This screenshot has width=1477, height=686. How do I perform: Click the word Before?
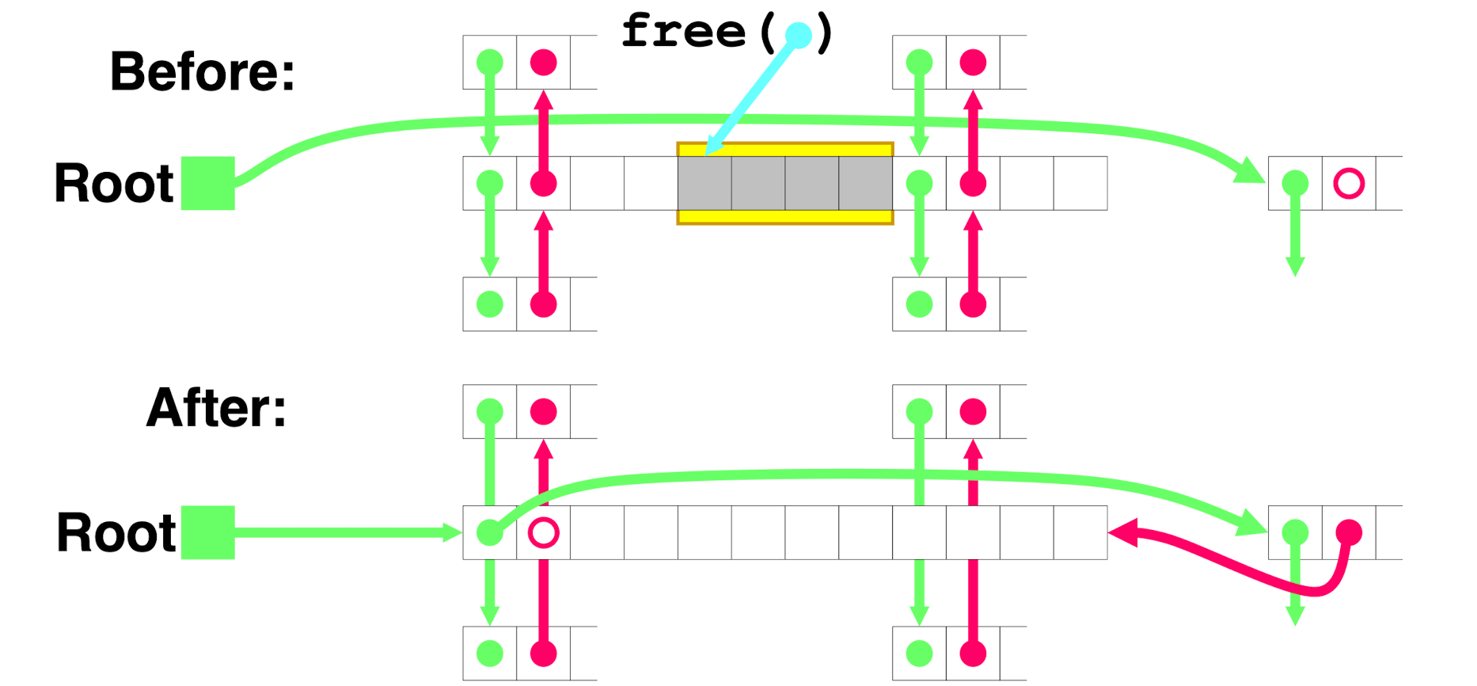tap(202, 71)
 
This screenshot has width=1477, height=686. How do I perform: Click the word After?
tap(216, 408)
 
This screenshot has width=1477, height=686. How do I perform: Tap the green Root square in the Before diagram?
tap(208, 183)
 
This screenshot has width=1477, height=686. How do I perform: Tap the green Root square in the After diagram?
tap(208, 532)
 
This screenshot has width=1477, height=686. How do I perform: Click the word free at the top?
tap(683, 32)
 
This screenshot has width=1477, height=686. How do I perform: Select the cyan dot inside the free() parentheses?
tap(798, 35)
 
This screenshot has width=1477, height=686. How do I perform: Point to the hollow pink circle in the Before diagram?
tap(1349, 183)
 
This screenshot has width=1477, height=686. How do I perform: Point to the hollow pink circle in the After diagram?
tap(544, 532)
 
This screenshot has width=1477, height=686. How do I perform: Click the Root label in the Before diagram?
tap(114, 183)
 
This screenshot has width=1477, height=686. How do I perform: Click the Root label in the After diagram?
tap(116, 532)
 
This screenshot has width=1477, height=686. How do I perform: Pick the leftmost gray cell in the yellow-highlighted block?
tap(704, 183)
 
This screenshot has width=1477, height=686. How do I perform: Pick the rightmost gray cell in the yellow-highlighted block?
tap(866, 183)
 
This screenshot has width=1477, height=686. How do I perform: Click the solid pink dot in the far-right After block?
tap(1349, 532)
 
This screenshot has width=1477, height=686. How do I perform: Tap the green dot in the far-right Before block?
tap(1295, 183)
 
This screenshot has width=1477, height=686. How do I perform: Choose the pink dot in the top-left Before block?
tap(544, 62)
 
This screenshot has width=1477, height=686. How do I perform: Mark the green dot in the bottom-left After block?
tap(490, 654)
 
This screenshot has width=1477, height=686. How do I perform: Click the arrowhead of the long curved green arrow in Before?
tap(1250, 172)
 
